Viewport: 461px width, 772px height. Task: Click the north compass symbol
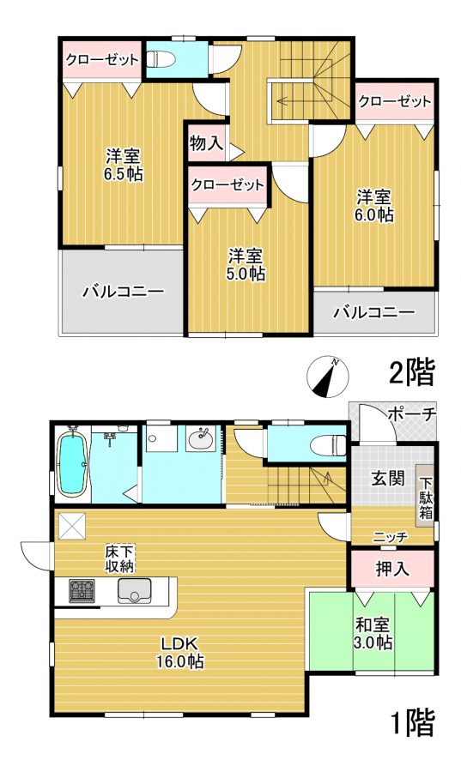click(328, 377)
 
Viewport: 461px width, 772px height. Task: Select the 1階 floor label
click(413, 722)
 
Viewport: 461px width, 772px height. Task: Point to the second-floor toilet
click(162, 60)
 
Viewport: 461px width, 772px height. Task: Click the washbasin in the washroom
click(201, 437)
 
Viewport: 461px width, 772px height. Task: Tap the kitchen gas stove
click(82, 591)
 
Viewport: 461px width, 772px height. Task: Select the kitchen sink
click(135, 590)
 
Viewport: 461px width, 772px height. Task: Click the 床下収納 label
click(119, 558)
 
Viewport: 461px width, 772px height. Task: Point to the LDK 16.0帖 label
click(180, 652)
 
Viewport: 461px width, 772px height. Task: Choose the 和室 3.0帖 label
click(373, 634)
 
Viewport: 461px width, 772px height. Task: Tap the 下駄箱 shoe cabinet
click(426, 497)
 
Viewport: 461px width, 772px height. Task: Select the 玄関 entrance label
click(389, 478)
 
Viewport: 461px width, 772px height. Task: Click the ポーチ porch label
click(412, 414)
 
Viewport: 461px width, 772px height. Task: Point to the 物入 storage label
click(206, 143)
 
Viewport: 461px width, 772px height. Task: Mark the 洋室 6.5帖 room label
click(124, 165)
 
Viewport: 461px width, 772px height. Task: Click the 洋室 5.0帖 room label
click(246, 264)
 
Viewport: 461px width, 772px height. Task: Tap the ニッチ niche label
click(390, 537)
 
